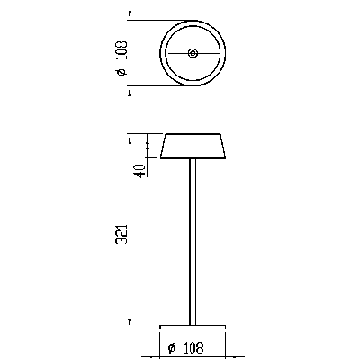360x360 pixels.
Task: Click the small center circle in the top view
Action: tap(193, 54)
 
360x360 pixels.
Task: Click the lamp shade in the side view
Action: tap(193, 147)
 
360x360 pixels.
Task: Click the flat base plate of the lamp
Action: tap(193, 326)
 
